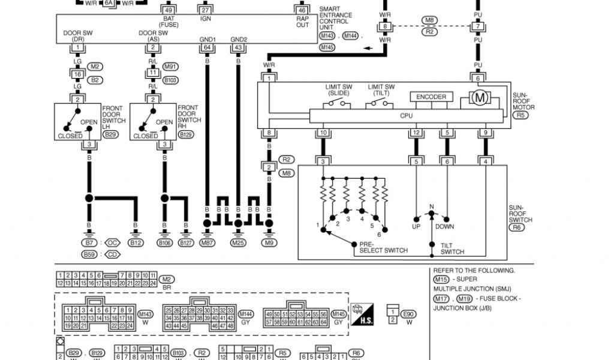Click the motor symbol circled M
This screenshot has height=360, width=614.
click(479, 97)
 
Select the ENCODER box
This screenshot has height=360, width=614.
click(431, 97)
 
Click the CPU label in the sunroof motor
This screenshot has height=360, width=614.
click(406, 115)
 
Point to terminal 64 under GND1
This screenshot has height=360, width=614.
click(207, 47)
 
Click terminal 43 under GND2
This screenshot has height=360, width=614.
click(238, 47)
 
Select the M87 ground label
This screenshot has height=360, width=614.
click(207, 242)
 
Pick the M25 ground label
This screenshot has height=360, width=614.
click(238, 242)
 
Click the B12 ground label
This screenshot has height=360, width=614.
click(136, 242)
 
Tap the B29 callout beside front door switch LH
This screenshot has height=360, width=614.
click(110, 135)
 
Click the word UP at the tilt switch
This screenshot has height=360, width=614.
click(416, 227)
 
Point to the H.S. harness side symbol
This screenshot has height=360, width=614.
click(362, 314)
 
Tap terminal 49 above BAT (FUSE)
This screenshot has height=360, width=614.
click(168, 10)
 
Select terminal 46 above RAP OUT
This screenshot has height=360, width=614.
click(302, 10)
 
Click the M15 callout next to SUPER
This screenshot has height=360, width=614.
click(441, 279)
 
